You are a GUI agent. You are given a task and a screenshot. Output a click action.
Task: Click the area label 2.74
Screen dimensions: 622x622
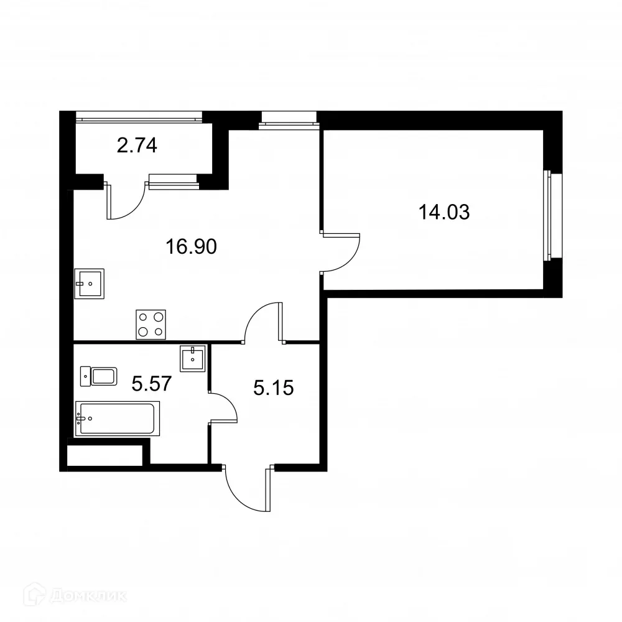pyautogui.click(x=137, y=146)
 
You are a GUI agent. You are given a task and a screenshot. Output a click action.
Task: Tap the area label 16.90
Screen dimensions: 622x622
pyautogui.click(x=191, y=248)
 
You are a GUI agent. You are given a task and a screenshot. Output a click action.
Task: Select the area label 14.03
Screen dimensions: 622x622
pyautogui.click(x=443, y=213)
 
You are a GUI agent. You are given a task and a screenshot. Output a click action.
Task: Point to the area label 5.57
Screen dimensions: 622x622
pyautogui.click(x=151, y=383)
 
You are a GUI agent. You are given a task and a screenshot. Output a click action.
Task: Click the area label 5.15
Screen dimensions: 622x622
pyautogui.click(x=273, y=389)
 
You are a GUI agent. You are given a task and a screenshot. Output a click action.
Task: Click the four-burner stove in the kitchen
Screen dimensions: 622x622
pyautogui.click(x=151, y=324)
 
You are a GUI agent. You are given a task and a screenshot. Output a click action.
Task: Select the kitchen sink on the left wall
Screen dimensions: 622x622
pyautogui.click(x=89, y=284)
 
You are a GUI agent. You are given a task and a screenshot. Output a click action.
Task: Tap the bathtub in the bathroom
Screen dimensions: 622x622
pyautogui.click(x=117, y=419)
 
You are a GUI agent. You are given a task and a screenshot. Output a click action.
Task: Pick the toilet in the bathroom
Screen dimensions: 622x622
pyautogui.click(x=99, y=376)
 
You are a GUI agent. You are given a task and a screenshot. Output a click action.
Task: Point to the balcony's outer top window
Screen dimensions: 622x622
pyautogui.click(x=139, y=116)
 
